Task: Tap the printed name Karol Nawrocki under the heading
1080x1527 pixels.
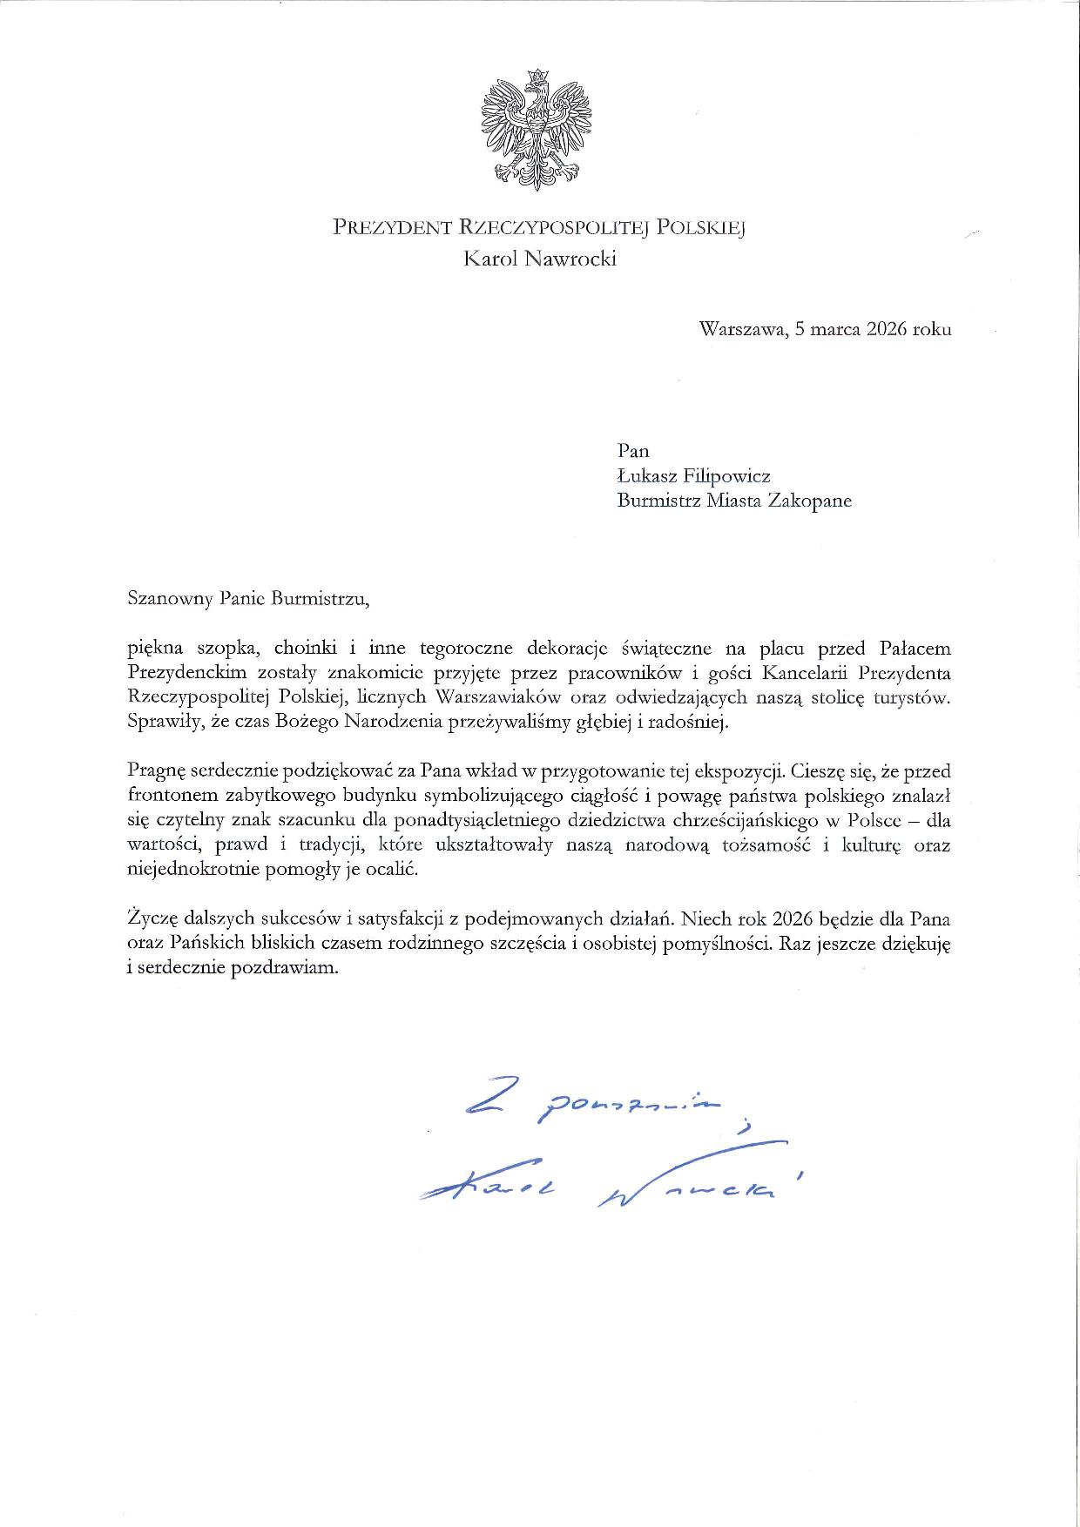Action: [x=540, y=259]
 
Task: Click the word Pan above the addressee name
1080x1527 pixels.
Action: [x=633, y=450]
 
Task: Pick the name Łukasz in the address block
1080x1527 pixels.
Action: [x=647, y=475]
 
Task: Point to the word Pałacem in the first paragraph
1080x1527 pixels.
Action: [x=913, y=649]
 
